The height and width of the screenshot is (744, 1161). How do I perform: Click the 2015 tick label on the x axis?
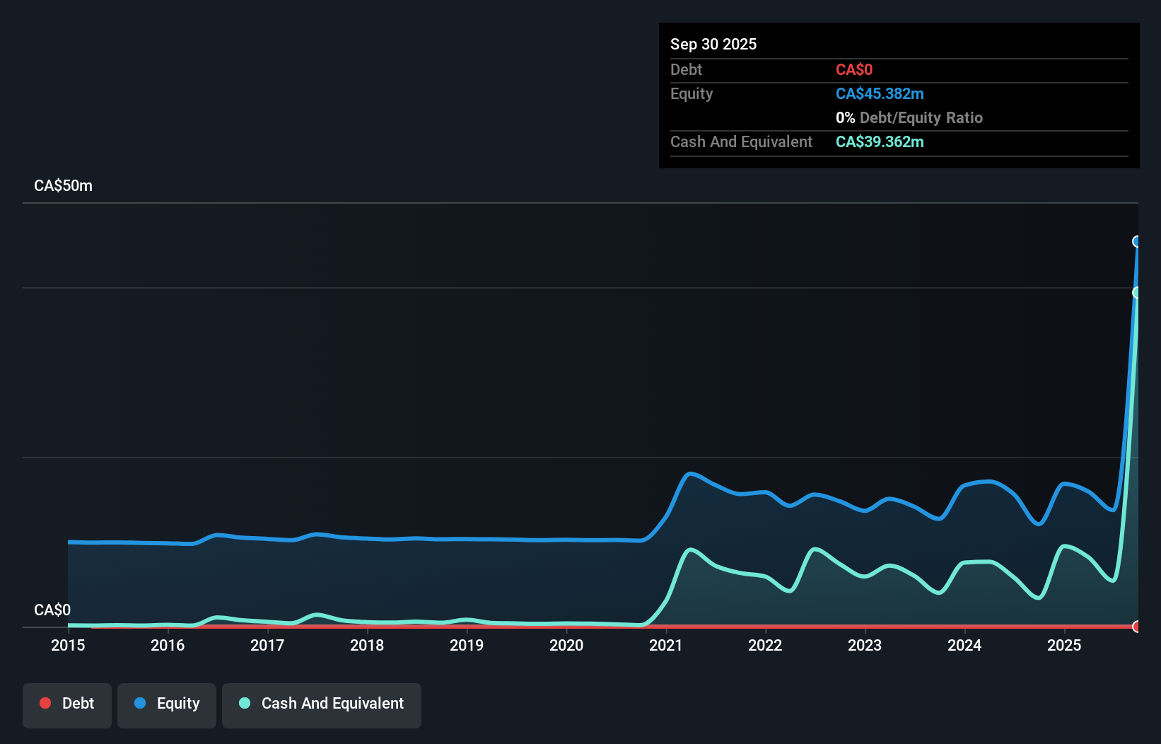(68, 645)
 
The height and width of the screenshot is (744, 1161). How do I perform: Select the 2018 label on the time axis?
(367, 645)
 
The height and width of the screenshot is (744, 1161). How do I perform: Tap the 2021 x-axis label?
(665, 645)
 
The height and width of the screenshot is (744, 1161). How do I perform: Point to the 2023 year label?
(865, 645)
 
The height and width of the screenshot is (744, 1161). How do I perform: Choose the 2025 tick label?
(1064, 645)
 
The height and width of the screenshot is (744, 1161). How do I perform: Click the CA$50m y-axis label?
(63, 186)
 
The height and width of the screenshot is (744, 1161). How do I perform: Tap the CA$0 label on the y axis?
(52, 610)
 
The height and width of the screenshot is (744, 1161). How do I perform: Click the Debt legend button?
(67, 704)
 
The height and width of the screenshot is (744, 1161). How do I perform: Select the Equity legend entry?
(167, 704)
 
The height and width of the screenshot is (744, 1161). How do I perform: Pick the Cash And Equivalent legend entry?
(322, 704)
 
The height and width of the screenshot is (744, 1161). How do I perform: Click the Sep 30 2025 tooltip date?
(713, 44)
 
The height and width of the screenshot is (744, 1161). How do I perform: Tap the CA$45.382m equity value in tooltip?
(880, 94)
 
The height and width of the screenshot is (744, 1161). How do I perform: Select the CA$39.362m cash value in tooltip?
(880, 142)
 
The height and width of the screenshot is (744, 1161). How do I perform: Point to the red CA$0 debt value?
(853, 70)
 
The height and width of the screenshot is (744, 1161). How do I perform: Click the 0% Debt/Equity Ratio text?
(909, 118)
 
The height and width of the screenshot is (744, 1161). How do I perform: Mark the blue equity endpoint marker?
(1137, 242)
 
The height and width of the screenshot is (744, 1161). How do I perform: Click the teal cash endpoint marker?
(1137, 293)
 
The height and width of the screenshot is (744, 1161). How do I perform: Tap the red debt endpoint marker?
(1137, 627)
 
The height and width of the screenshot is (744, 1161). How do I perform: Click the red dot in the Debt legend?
(45, 703)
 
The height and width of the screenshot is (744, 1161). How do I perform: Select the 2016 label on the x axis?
(168, 645)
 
